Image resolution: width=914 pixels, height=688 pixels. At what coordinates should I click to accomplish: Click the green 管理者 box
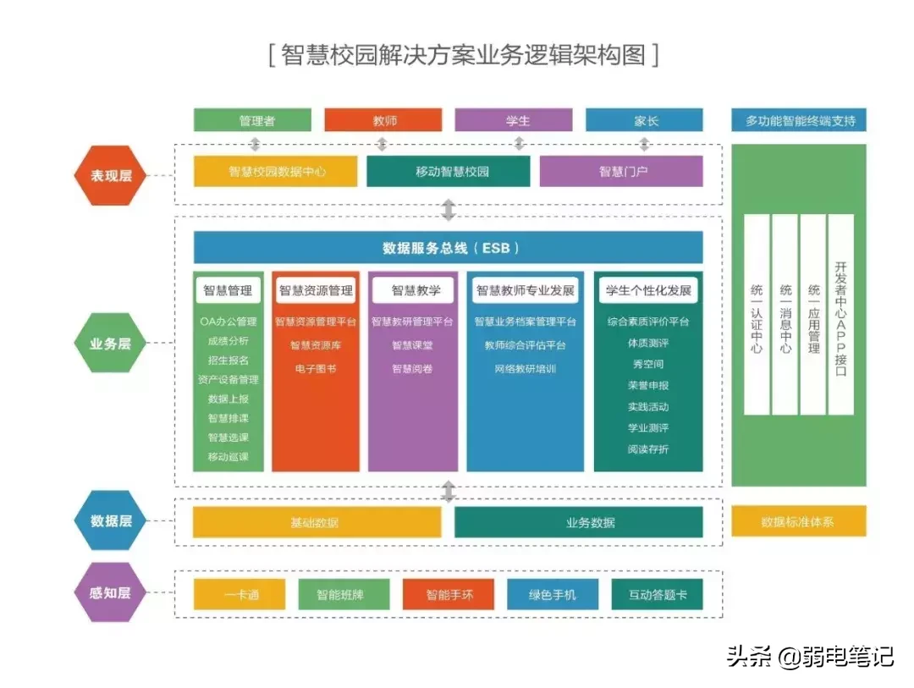(x=252, y=120)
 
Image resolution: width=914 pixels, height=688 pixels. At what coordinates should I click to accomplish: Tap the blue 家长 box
(x=644, y=120)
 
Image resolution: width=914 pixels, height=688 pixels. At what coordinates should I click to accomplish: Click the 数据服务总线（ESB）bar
(x=449, y=248)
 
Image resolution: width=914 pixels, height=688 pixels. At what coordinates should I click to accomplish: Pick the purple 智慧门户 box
(x=621, y=171)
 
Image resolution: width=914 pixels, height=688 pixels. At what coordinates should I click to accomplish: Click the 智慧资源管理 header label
(x=316, y=290)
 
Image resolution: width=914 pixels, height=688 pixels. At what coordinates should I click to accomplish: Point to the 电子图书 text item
(x=316, y=369)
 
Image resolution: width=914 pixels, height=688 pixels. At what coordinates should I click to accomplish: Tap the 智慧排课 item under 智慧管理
(x=228, y=418)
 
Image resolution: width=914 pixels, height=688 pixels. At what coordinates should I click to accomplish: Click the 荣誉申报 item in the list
(x=648, y=385)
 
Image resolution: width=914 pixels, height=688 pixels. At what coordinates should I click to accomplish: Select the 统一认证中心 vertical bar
(x=757, y=314)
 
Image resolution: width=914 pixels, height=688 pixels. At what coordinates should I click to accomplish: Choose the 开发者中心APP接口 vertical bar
(x=840, y=314)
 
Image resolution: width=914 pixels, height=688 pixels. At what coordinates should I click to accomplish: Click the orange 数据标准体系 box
(x=798, y=521)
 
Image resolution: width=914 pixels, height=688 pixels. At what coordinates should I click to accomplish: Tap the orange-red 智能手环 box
(x=449, y=594)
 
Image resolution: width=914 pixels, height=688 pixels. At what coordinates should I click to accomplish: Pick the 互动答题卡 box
(x=657, y=594)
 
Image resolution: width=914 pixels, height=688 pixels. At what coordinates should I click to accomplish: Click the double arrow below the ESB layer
(x=449, y=491)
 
